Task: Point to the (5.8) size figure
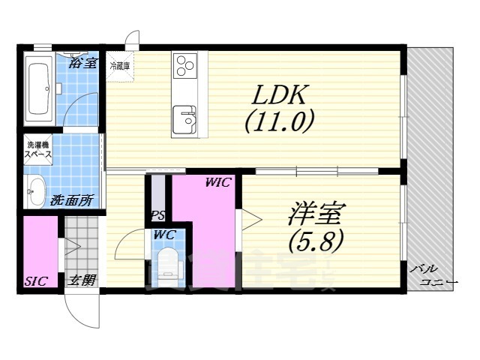315,241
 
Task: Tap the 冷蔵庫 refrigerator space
120,65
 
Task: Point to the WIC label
219,182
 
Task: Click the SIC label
35,281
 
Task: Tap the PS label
157,216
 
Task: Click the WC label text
164,235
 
